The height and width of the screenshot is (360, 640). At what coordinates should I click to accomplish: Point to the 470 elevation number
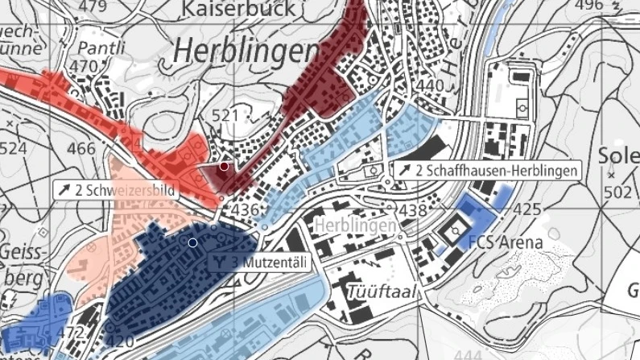click(83, 66)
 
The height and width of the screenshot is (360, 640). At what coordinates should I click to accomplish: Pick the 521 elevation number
click(225, 116)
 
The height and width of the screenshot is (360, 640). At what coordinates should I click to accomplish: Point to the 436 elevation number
click(244, 210)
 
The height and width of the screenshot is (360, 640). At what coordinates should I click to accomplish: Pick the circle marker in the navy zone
click(192, 242)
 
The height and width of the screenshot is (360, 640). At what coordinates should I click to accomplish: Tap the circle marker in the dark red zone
click(224, 166)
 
